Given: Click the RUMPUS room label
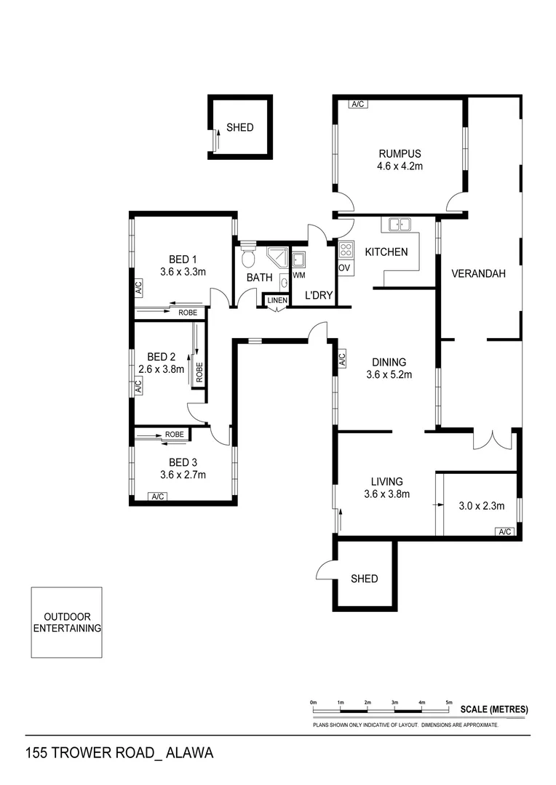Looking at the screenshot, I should (400, 153).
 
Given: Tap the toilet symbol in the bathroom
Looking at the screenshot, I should (247, 258).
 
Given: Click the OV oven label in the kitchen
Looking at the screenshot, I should (345, 267).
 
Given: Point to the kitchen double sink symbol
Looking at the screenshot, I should (400, 225).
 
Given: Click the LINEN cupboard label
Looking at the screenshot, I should (277, 300).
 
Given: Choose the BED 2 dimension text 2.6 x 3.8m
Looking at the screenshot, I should (162, 369).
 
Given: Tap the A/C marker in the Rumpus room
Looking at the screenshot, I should (358, 105).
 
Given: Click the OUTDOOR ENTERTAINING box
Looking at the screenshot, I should (66, 623).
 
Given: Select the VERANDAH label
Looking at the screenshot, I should (477, 274).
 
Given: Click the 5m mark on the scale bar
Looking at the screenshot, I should (449, 703).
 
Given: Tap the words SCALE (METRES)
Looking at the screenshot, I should (494, 709).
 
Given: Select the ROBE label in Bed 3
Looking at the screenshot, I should (174, 435).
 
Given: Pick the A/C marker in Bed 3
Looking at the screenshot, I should (157, 496).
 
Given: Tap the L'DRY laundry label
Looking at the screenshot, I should (318, 297).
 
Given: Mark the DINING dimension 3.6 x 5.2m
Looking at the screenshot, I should (389, 375).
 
